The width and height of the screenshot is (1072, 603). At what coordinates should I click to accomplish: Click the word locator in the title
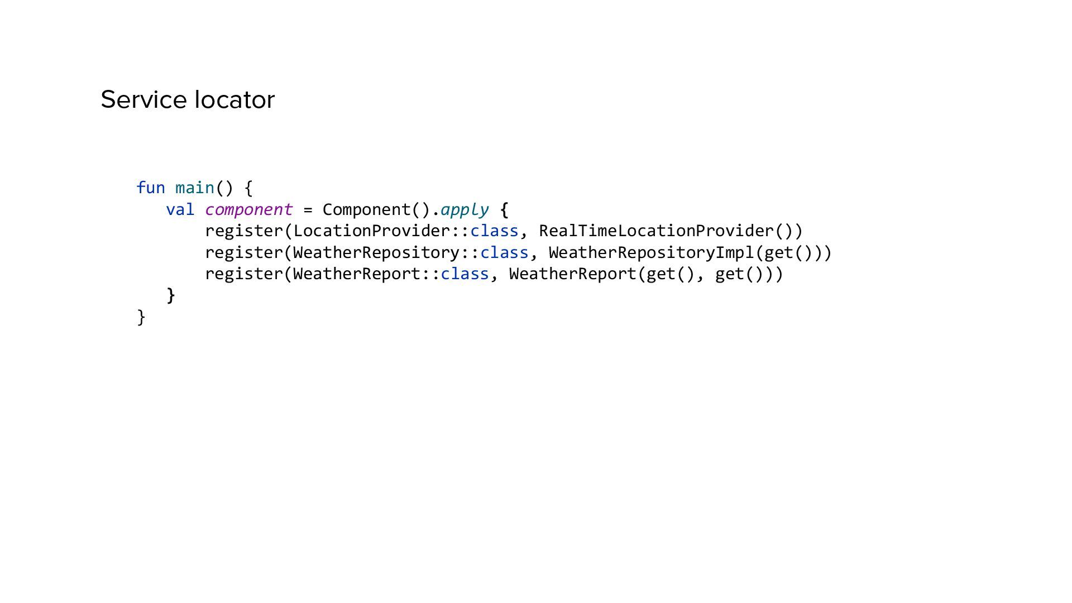coord(234,100)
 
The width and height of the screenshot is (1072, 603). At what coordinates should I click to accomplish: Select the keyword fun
coord(151,188)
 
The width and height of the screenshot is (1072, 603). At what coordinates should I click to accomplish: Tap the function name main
coord(195,188)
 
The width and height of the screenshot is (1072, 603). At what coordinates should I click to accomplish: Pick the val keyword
coord(180,209)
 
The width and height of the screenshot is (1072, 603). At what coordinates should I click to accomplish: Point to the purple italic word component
coord(248,209)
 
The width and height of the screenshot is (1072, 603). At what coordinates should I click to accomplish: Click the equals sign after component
coord(308,210)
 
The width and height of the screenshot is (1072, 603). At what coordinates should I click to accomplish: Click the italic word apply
coord(464,210)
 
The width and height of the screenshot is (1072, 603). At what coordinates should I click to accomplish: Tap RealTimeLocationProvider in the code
coord(656,231)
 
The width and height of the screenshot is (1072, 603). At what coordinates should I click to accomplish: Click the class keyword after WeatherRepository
coord(504,252)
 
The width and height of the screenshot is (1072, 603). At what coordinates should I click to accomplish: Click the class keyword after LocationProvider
coord(494,231)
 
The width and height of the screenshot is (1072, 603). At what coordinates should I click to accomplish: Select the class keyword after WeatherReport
coord(465,274)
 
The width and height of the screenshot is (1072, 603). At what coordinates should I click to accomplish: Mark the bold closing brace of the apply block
coord(171,295)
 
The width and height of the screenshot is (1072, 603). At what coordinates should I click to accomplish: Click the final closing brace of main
coord(141,317)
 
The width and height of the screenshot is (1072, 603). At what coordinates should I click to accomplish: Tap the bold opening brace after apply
coord(504,210)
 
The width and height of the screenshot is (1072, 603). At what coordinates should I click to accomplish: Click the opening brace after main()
coord(249,188)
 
